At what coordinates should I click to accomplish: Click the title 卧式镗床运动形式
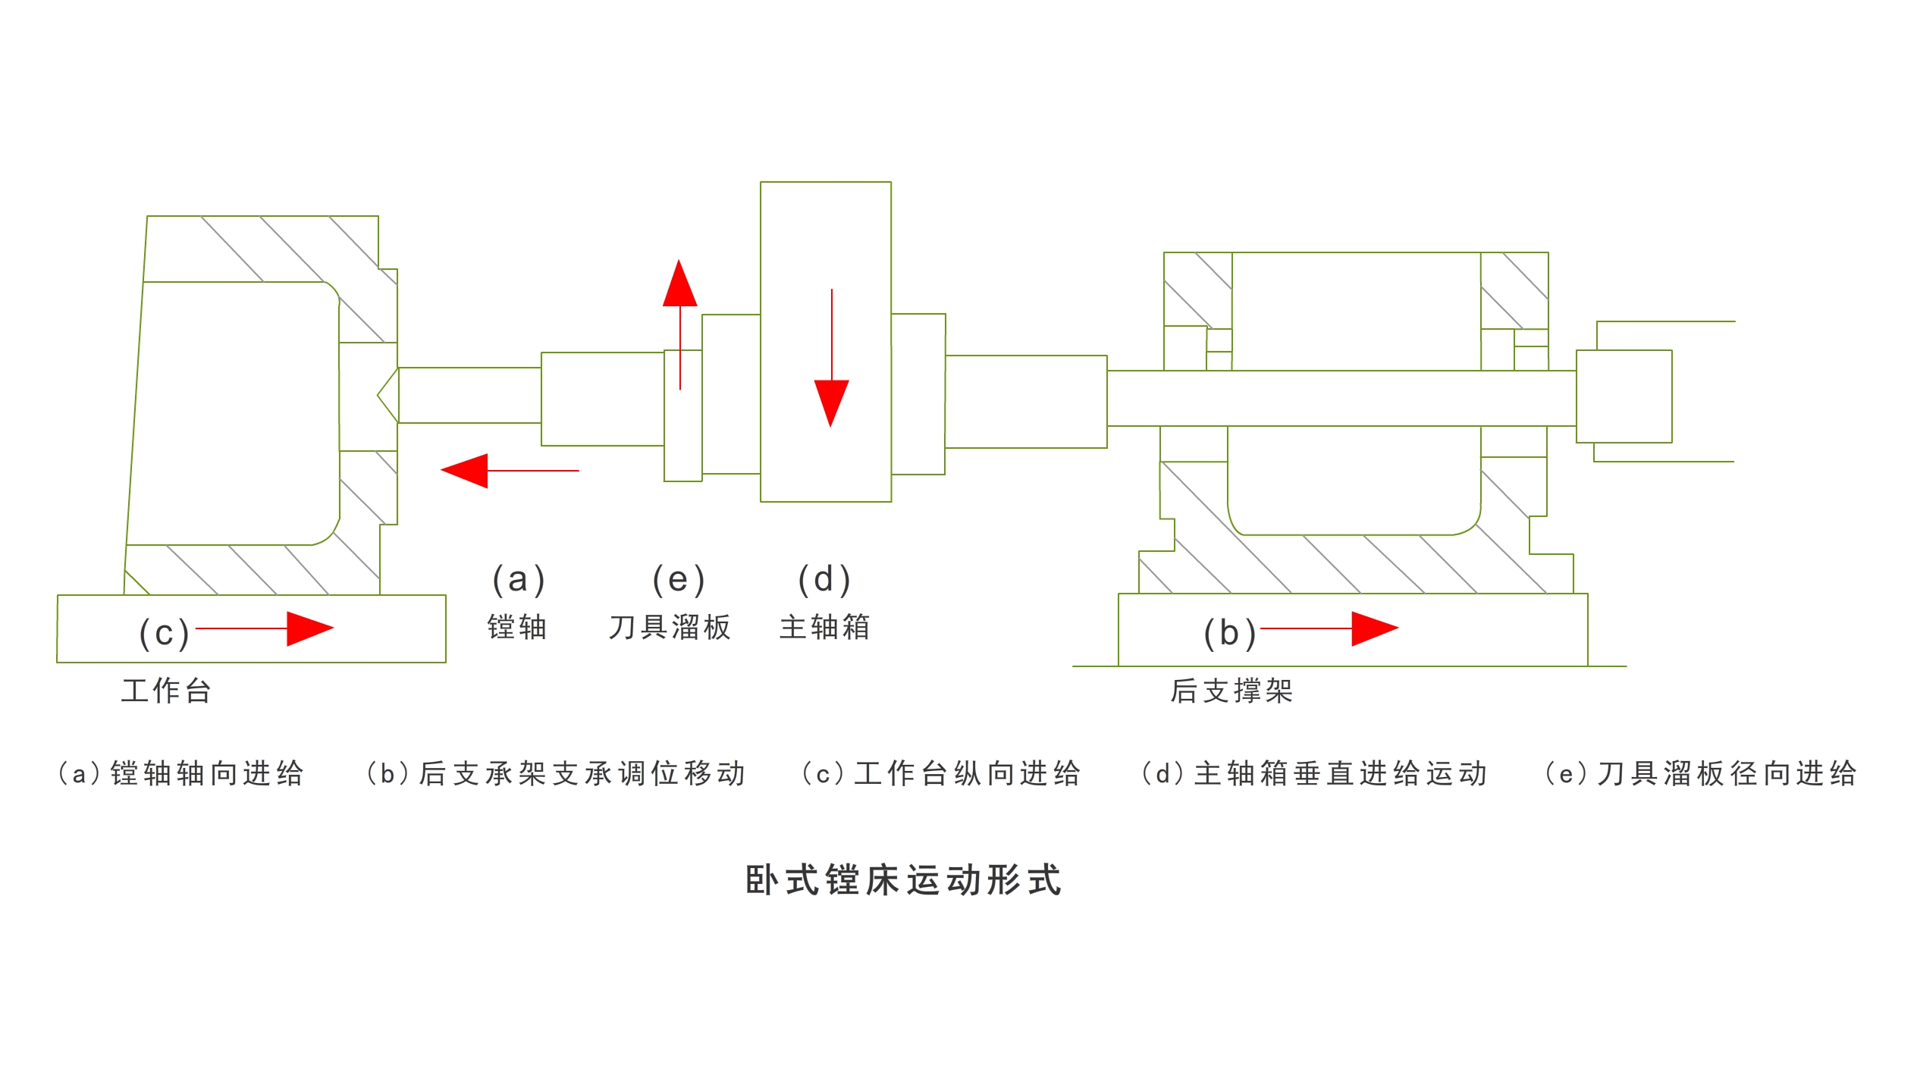pos(903,880)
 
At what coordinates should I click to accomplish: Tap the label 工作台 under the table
pos(166,691)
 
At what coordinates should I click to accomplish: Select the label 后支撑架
pos(1231,691)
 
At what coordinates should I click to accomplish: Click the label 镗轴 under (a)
pos(517,627)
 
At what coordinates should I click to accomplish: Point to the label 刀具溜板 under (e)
pos(670,627)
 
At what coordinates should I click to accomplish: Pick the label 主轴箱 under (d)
pos(825,627)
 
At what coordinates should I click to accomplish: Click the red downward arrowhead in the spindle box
pos(831,402)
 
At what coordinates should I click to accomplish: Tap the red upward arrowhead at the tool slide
pos(679,284)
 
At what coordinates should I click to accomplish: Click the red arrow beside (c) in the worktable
pos(265,628)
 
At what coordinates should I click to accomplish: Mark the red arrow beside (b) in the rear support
pos(1330,628)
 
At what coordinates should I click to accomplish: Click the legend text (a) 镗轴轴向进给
pos(180,773)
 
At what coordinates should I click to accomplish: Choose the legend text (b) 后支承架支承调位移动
pos(556,773)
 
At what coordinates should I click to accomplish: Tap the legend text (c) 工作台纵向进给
pos(941,773)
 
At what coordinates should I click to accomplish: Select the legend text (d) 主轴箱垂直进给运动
pos(1314,773)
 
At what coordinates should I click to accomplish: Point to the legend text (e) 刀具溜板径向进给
pos(1700,773)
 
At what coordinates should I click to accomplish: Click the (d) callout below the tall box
pos(824,580)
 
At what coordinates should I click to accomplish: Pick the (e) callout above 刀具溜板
pos(679,580)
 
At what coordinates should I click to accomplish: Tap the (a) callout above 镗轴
pos(519,580)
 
